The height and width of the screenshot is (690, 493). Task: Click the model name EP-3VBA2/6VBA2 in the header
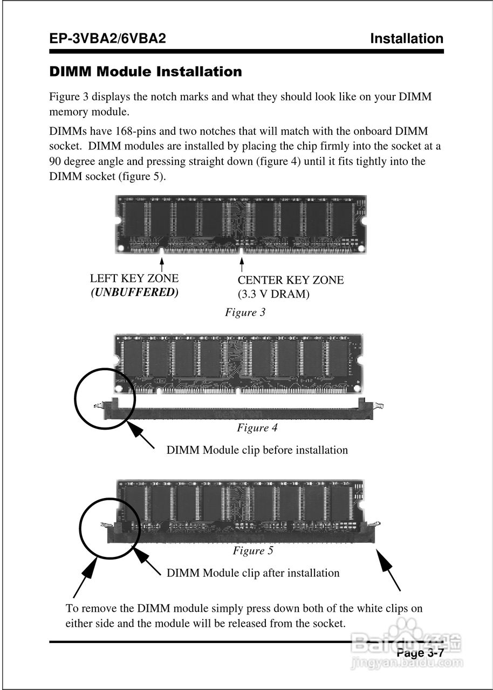pos(107,39)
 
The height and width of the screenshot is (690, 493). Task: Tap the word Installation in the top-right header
pos(407,39)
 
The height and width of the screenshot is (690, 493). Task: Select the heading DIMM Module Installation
pos(146,72)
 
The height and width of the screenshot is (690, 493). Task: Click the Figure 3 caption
pos(245,313)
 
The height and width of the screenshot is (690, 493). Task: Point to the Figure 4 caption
pos(257,428)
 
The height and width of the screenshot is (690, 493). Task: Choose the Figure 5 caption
pos(253,551)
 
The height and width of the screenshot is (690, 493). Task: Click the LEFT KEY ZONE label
pos(134,279)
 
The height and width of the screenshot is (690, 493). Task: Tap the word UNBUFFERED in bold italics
pos(134,293)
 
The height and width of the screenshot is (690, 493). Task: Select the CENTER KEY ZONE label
pos(291,280)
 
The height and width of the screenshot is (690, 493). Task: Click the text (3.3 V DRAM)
pos(273,294)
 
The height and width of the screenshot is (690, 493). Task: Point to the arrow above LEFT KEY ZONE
pos(162,264)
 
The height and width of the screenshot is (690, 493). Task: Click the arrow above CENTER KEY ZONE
pos(242,265)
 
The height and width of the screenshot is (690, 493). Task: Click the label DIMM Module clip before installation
pos(257,450)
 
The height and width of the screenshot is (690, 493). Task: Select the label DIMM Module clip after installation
pos(253,573)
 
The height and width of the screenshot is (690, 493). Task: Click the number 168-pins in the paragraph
pos(137,132)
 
